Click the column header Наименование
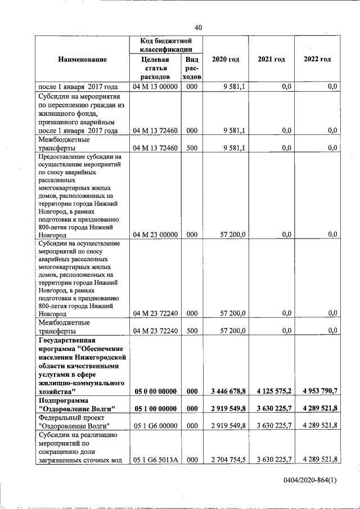coord(82,59)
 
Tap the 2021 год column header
coord(271,59)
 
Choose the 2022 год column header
coord(317,59)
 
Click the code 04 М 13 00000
coord(155,87)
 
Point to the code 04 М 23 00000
coord(155,234)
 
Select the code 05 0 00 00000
coord(155,391)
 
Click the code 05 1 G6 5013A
coord(155,460)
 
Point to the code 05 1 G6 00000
coord(155,425)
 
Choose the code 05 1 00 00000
coord(155,408)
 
